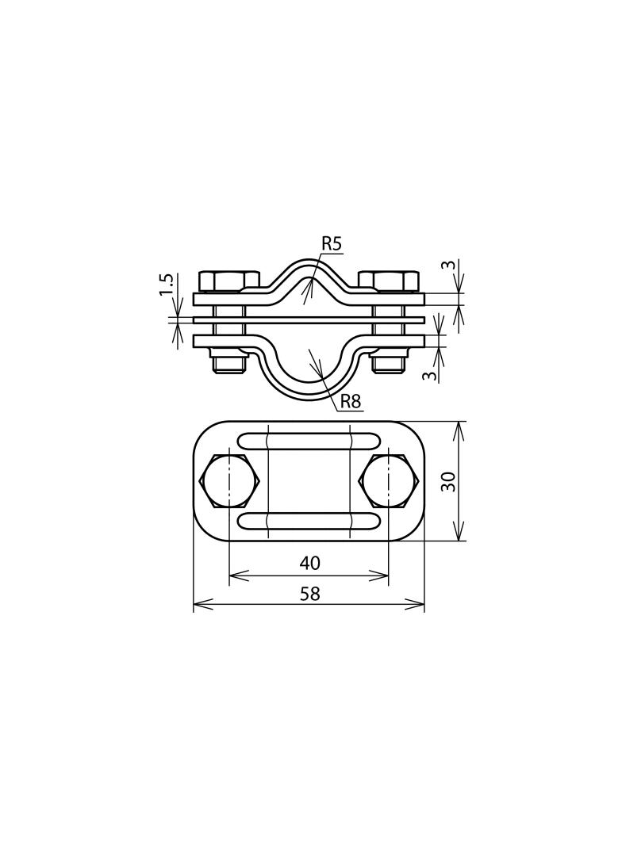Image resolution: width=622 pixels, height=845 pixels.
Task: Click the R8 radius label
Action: [x=350, y=401]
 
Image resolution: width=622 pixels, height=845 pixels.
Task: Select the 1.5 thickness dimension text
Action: [x=167, y=284]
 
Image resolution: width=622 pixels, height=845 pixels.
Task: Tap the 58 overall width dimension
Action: [x=310, y=594]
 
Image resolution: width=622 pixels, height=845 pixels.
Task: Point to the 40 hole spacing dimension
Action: [x=309, y=563]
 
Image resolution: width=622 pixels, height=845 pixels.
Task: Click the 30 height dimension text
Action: [x=448, y=480]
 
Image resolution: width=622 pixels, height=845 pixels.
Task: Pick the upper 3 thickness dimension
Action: [x=450, y=265]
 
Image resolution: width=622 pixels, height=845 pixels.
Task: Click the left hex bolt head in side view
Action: [x=228, y=281]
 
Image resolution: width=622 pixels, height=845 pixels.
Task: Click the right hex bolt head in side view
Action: [x=389, y=281]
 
